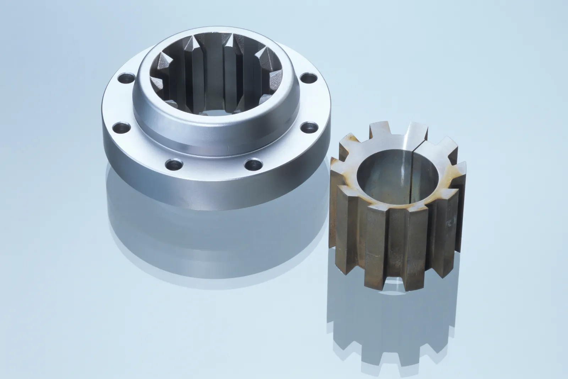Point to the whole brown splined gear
click(x=398, y=206)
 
